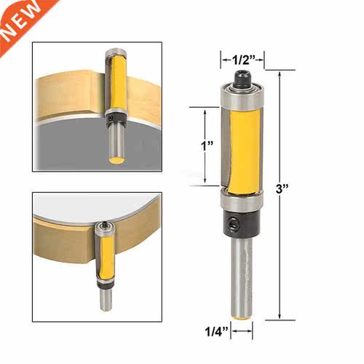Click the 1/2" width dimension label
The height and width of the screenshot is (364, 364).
click(242, 60)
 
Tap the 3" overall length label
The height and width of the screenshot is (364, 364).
click(282, 189)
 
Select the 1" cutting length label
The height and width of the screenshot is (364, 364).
click(207, 146)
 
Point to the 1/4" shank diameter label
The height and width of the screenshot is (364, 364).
click(217, 331)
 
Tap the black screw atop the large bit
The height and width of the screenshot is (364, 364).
click(242, 78)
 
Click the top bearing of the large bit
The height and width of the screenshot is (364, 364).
click(242, 96)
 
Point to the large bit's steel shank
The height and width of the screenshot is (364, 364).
click(242, 278)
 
